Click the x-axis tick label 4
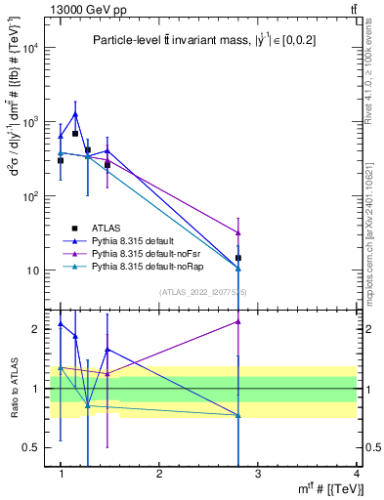357,475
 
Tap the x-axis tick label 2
159,475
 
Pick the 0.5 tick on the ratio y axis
34,447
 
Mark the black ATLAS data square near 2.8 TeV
238,258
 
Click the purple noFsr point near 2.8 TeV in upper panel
238,232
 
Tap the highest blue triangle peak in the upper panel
74,114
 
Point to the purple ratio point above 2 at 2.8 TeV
238,321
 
